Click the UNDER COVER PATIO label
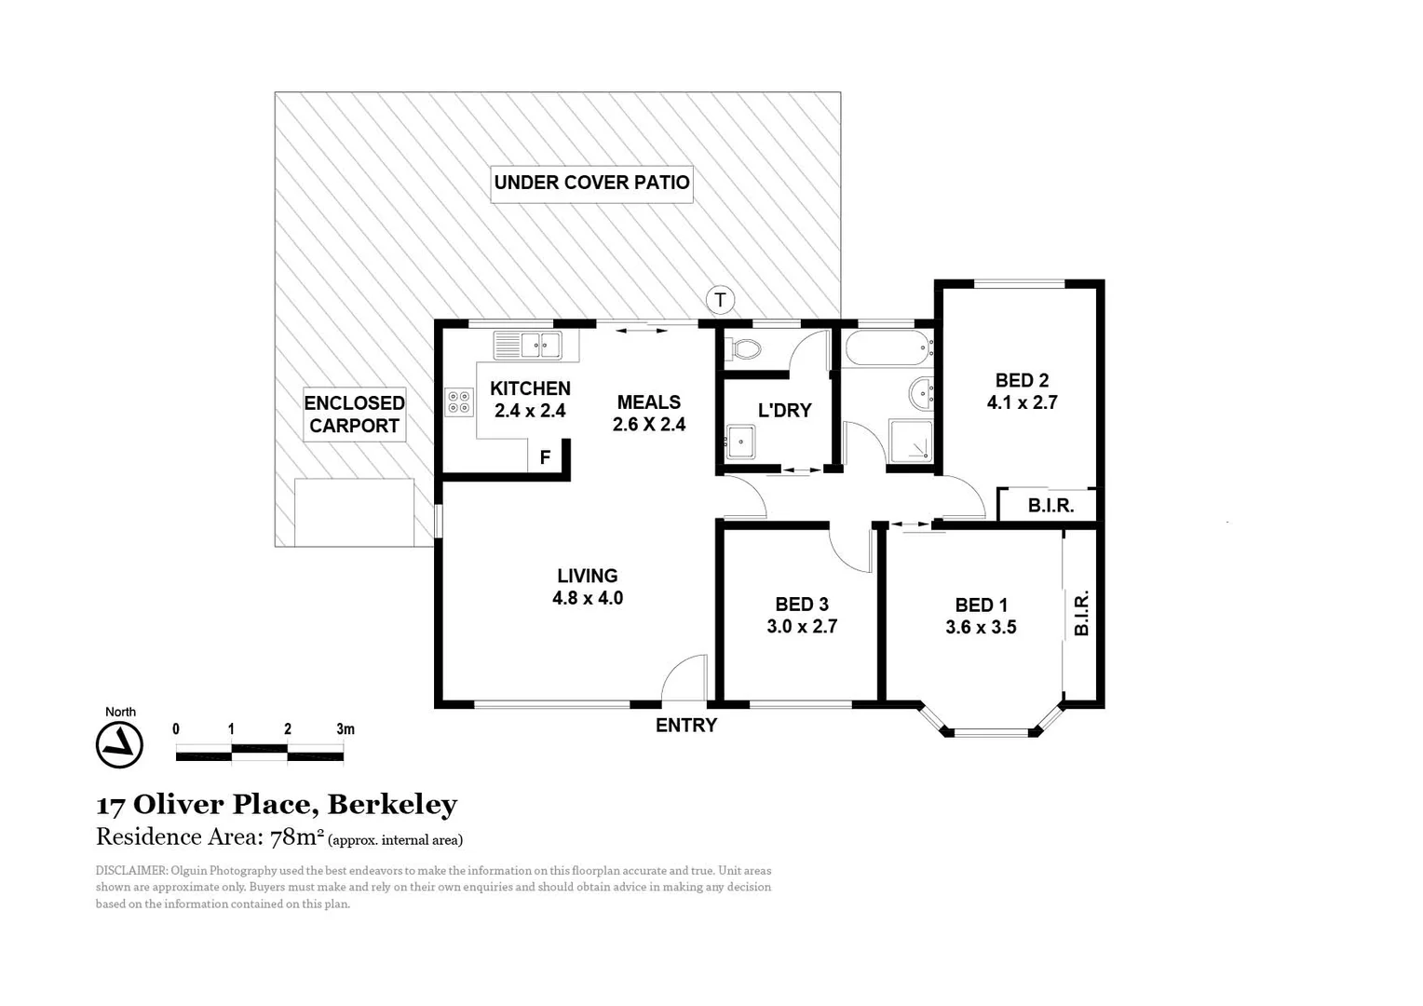coord(591,183)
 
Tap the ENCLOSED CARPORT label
coord(354,415)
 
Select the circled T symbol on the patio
coord(720,300)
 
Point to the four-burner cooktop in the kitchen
coord(459,401)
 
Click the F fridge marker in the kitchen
coord(546,457)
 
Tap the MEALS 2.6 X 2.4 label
coord(649,414)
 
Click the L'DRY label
coord(784,410)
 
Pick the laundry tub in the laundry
coord(742,442)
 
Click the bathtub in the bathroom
coord(888,349)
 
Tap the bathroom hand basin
coord(921,394)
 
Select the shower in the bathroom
coord(910,442)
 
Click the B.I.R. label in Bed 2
coord(1050,506)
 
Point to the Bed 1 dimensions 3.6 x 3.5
coord(981,628)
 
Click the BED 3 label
coord(802,605)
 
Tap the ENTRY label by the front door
coord(686,726)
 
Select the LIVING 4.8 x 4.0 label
coord(588,587)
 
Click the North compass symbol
coord(119,744)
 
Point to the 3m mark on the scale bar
coord(345,729)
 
